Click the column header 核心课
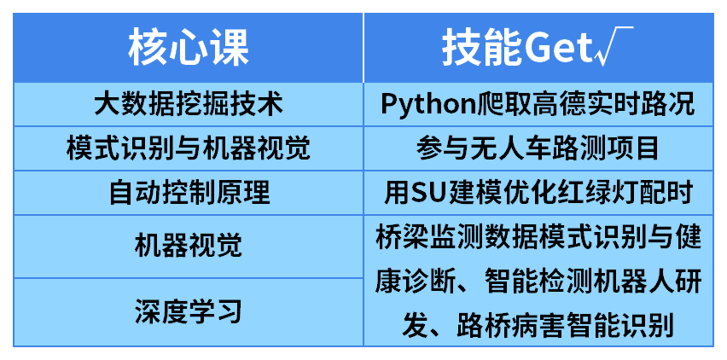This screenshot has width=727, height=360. click(x=189, y=48)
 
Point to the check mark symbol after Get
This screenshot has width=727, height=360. click(x=613, y=46)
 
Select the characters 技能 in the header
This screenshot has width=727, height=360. click(x=482, y=48)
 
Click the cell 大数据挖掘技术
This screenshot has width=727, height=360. click(x=189, y=105)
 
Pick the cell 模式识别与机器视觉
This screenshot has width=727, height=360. click(x=189, y=148)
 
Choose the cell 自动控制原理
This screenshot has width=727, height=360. click(x=189, y=193)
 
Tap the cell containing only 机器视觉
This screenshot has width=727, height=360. click(x=189, y=246)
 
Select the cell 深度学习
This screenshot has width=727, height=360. click(x=189, y=312)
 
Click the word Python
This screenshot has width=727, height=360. click(x=429, y=105)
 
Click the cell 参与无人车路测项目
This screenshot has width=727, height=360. click(x=538, y=148)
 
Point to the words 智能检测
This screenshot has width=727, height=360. click(x=538, y=281)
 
